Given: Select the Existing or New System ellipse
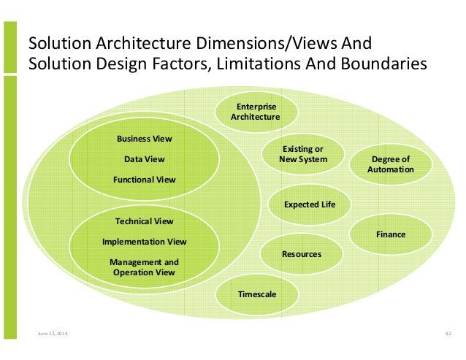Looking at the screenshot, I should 303,154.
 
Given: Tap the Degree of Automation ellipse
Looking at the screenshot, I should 390,164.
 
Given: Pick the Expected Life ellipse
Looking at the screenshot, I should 310,204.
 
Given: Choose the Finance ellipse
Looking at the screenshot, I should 390,234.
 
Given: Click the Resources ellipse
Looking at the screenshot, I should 301,254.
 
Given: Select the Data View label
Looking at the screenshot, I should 144,158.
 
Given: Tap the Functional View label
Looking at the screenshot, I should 144,179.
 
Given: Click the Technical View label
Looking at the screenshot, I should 144,221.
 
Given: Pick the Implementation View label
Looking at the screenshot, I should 144,241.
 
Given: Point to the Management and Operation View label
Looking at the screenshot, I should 144,267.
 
